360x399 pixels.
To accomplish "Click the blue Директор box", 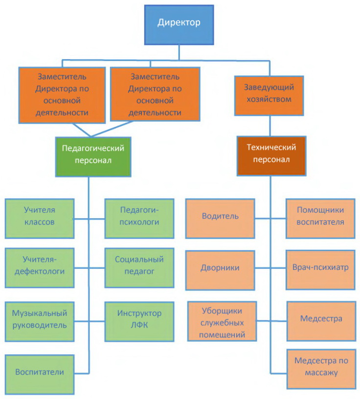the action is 179,25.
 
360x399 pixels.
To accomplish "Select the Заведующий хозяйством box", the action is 269,96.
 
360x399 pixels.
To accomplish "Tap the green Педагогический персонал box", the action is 93,157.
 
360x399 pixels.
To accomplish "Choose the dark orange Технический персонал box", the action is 271,156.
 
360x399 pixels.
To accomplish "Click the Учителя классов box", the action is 40,219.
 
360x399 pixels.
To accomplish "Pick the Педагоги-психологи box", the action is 139,219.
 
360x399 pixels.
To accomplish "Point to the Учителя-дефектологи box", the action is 40,268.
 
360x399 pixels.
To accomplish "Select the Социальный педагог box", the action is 139,268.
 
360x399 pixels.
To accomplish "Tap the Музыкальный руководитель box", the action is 40,322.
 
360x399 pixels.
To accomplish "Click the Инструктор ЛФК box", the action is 139,322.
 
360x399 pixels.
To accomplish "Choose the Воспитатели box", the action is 40,375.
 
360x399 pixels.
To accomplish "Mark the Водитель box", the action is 220,219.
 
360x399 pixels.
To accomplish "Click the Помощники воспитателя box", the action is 320,219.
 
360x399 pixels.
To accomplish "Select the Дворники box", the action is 220,270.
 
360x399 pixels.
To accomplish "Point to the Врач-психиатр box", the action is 320,270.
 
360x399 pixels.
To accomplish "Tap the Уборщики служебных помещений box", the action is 222,321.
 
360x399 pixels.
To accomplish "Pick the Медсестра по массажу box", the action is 321,369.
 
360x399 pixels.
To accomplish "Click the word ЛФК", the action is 139,325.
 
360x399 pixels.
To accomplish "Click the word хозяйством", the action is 269,99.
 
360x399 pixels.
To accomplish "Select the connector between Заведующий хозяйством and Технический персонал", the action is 270,126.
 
